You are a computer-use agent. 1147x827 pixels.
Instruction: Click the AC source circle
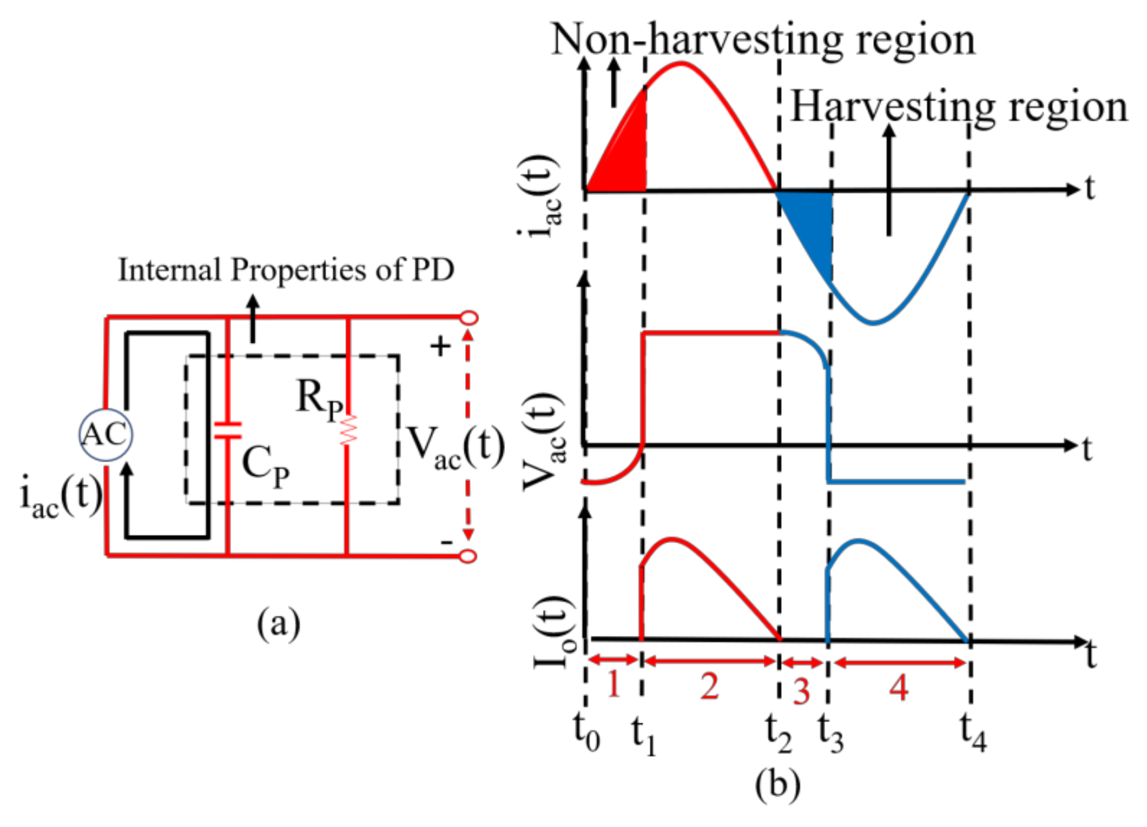point(106,434)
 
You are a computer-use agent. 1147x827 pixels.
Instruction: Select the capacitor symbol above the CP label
point(228,430)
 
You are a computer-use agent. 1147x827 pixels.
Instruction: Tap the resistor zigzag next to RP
point(348,431)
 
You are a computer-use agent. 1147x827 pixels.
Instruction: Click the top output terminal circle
point(469,318)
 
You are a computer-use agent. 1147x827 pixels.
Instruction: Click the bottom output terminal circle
point(469,556)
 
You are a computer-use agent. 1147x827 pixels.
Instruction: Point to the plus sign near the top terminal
point(440,347)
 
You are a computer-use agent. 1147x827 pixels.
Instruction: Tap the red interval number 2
point(709,687)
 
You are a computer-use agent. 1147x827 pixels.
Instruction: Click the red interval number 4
point(899,687)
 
